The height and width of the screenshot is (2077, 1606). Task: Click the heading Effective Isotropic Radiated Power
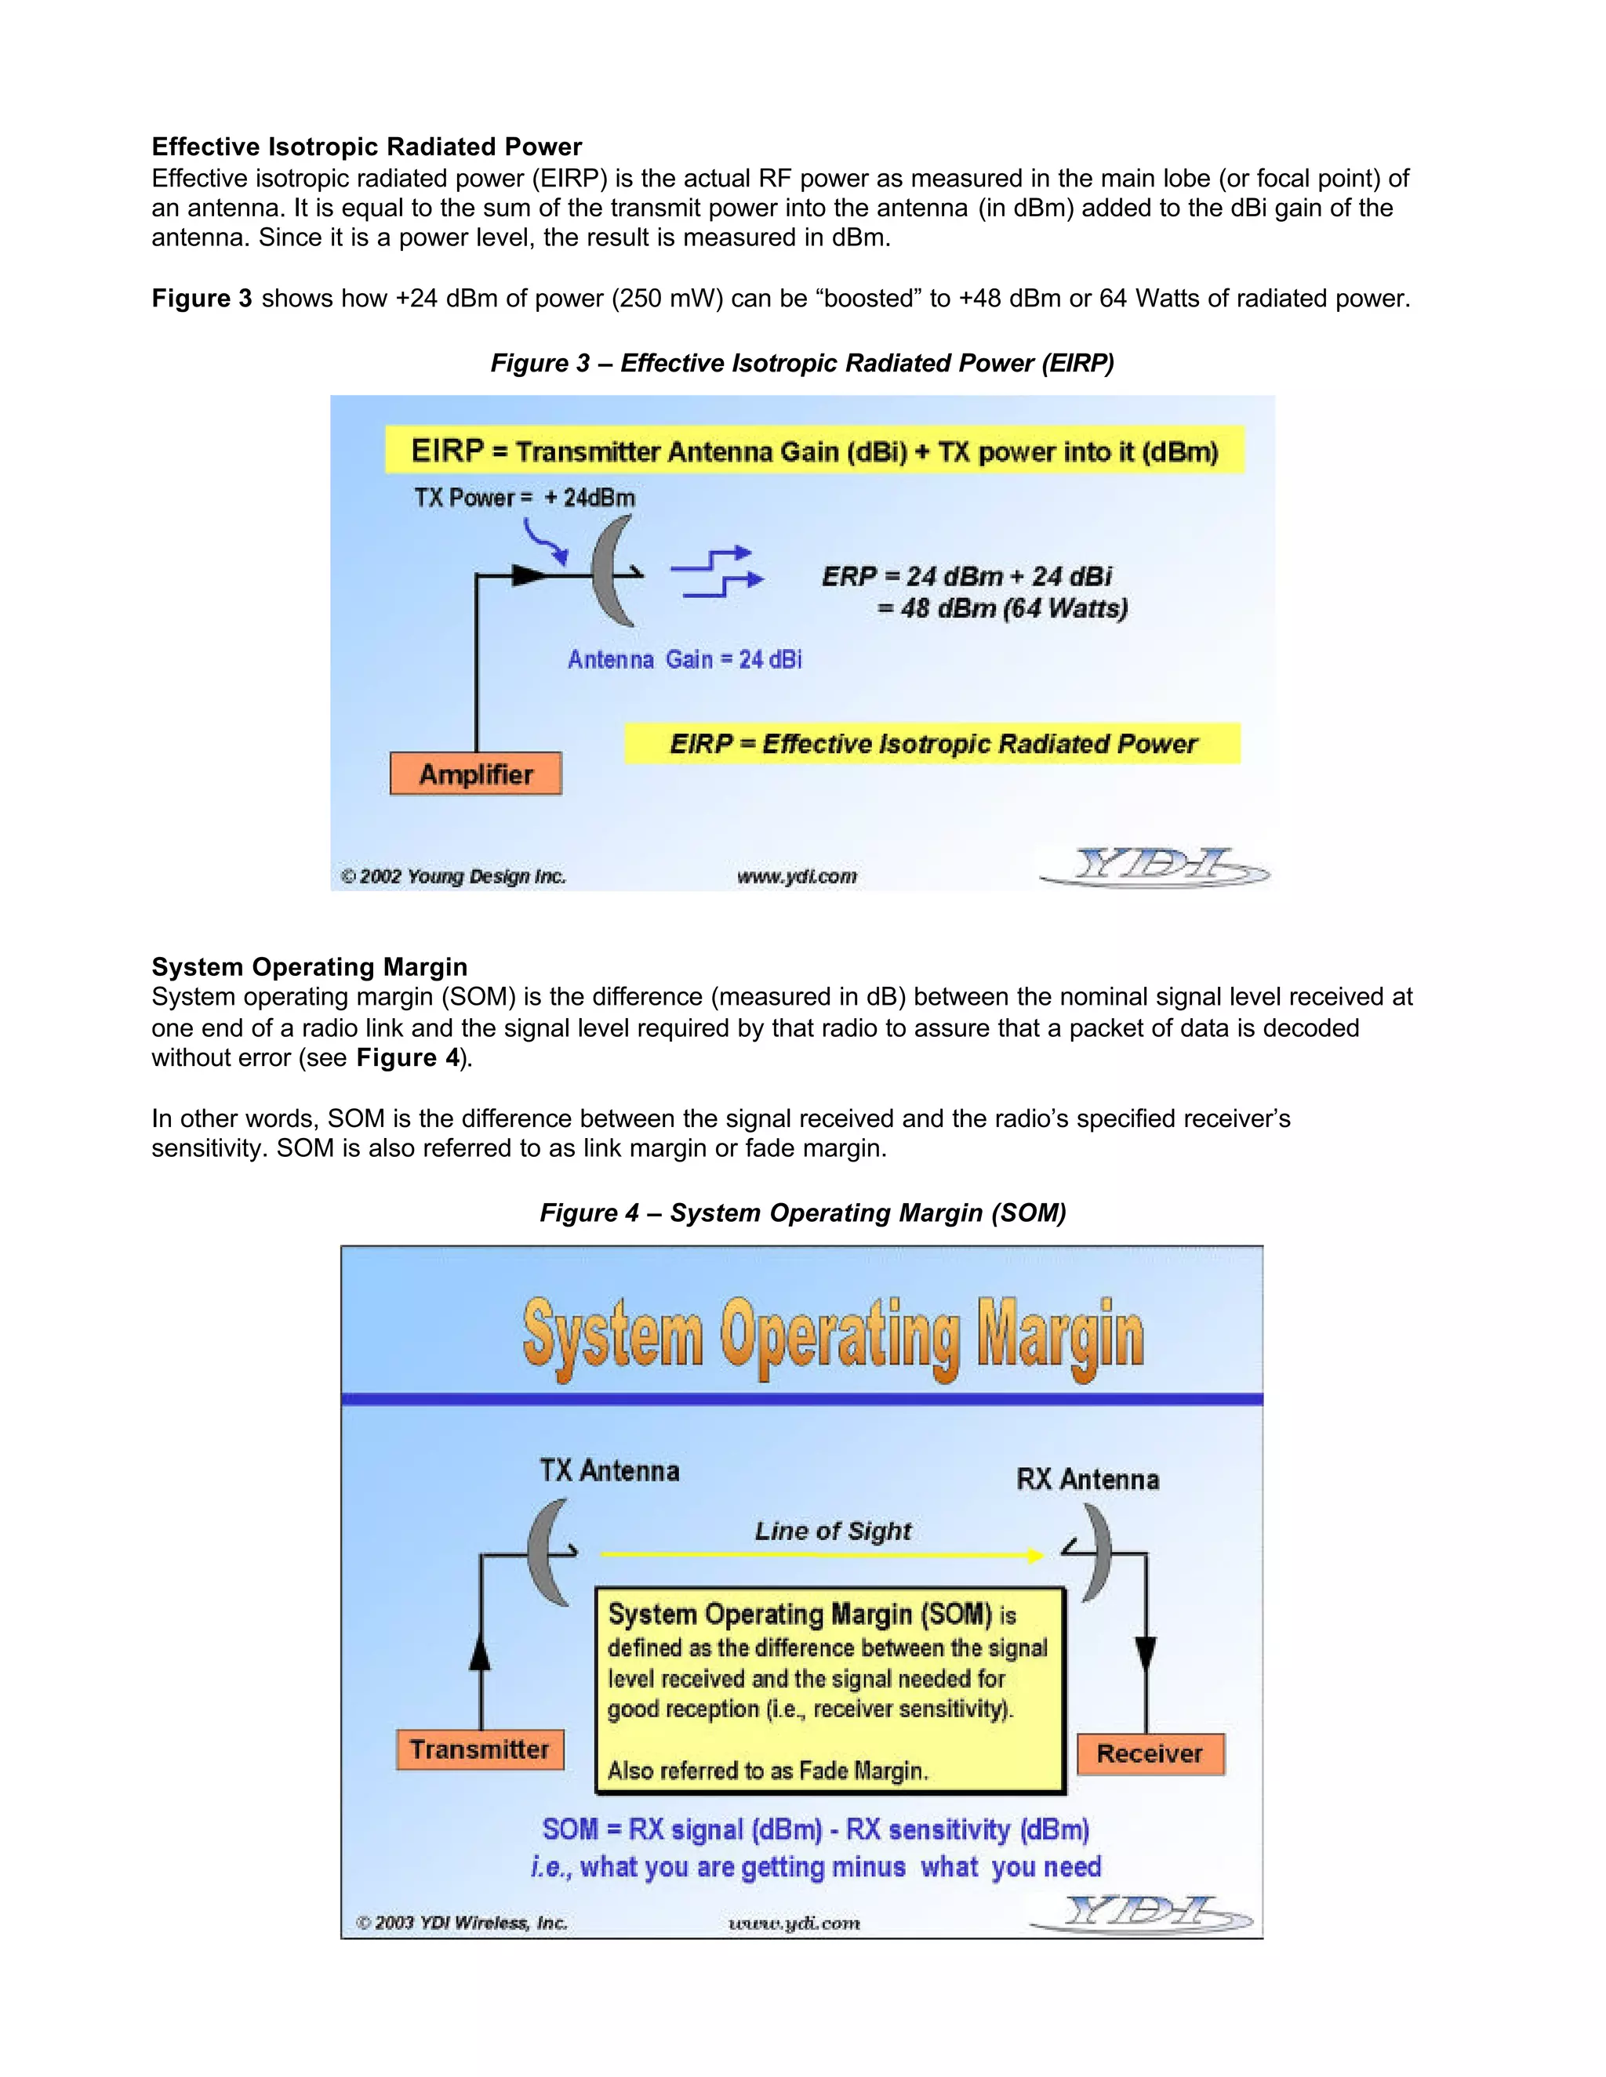point(366,147)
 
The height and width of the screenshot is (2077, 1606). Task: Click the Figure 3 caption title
point(801,364)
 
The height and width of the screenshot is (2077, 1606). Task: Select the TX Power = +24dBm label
point(525,498)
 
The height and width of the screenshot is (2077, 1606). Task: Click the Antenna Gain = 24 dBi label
point(684,659)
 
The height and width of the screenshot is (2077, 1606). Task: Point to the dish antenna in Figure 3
point(611,571)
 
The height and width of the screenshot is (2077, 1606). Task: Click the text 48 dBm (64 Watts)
point(1003,609)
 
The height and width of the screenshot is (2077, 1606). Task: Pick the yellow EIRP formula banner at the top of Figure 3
point(815,451)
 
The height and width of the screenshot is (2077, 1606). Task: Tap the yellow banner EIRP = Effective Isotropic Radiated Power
point(932,744)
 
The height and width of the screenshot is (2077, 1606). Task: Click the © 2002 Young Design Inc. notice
point(454,877)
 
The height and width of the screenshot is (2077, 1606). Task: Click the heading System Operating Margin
point(309,967)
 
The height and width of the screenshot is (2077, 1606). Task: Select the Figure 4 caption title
point(801,1212)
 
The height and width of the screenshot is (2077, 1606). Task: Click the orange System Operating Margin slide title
point(833,1336)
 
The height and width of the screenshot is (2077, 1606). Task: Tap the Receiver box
point(1150,1753)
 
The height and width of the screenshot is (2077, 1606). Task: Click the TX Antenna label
point(610,1471)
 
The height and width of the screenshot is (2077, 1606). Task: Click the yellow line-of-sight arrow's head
point(1036,1556)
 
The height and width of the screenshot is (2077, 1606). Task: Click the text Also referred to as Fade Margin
point(767,1771)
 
